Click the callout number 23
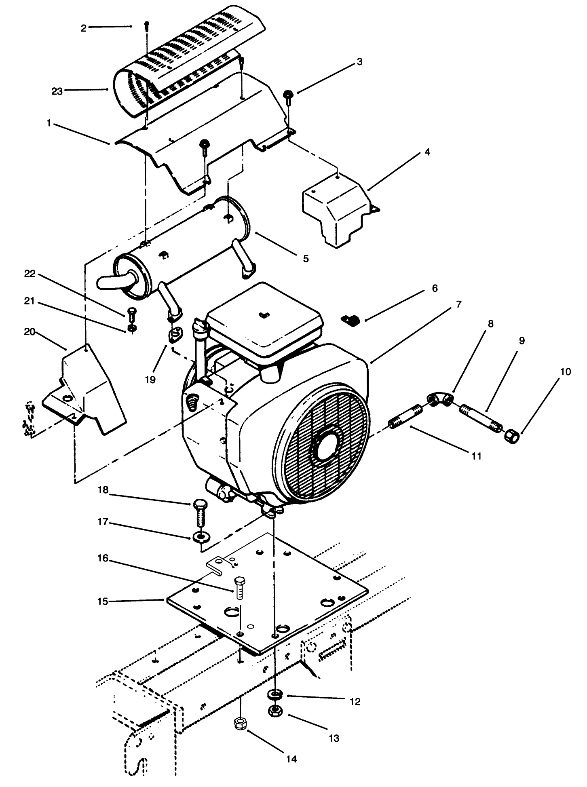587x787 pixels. click(57, 91)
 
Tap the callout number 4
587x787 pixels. click(427, 152)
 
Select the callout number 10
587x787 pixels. click(566, 371)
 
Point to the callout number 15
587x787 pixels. click(103, 601)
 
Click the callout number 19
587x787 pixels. click(150, 380)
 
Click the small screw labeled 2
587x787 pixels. click(146, 24)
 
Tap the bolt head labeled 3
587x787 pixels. click(289, 94)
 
